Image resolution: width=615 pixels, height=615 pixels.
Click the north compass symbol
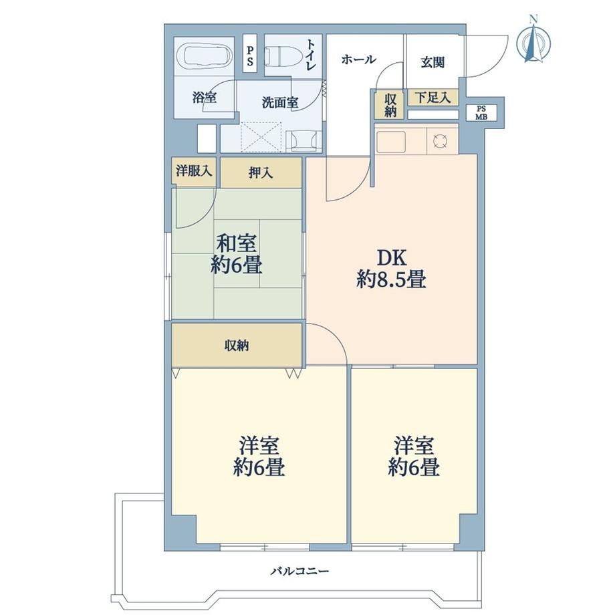pos(533,39)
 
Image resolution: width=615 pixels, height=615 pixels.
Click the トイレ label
pos(310,54)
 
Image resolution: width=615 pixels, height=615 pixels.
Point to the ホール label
pos(358,59)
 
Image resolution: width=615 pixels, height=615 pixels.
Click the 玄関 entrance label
pos(433,62)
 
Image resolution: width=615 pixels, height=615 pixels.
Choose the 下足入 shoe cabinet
pos(433,98)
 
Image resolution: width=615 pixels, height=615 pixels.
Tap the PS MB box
pos(481,112)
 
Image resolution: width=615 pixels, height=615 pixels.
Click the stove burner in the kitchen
pos(440,140)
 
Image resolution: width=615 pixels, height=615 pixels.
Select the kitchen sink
pos(391,142)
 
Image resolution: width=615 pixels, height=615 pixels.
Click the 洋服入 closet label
pos(194,171)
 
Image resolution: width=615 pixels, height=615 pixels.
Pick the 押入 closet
pos(261,172)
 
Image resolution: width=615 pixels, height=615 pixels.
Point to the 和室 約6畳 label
pos(237,254)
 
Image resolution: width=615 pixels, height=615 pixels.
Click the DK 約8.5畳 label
pos(392,269)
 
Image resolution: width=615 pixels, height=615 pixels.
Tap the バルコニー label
pos(299,571)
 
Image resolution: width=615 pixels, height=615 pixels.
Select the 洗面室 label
pos(280,103)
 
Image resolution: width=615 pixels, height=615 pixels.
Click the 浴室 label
pos(205,97)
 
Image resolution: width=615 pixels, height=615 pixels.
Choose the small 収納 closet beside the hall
pos(390,105)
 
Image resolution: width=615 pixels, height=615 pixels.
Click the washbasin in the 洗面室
pos(304,141)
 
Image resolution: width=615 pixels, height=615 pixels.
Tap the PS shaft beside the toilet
pos(250,53)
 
